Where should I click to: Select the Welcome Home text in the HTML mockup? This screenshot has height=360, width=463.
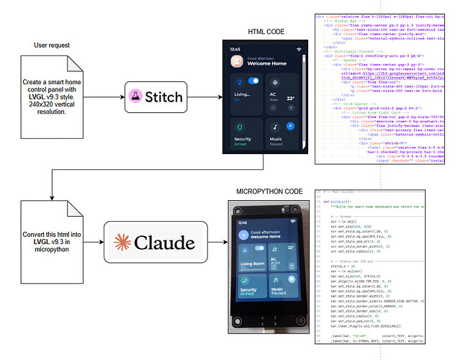click(263, 63)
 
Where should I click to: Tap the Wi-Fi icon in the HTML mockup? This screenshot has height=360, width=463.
click(298, 48)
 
